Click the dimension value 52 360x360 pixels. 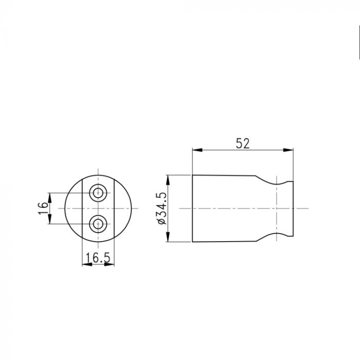242,143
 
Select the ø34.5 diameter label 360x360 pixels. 162,208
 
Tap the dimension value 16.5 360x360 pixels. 98,258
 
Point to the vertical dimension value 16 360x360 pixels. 43,208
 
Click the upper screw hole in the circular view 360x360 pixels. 98,193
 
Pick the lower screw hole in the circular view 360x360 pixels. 98,224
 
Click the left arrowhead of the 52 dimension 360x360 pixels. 197,150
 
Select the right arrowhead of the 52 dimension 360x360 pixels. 289,150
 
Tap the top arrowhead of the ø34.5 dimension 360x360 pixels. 168,180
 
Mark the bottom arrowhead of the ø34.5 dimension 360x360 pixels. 168,237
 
